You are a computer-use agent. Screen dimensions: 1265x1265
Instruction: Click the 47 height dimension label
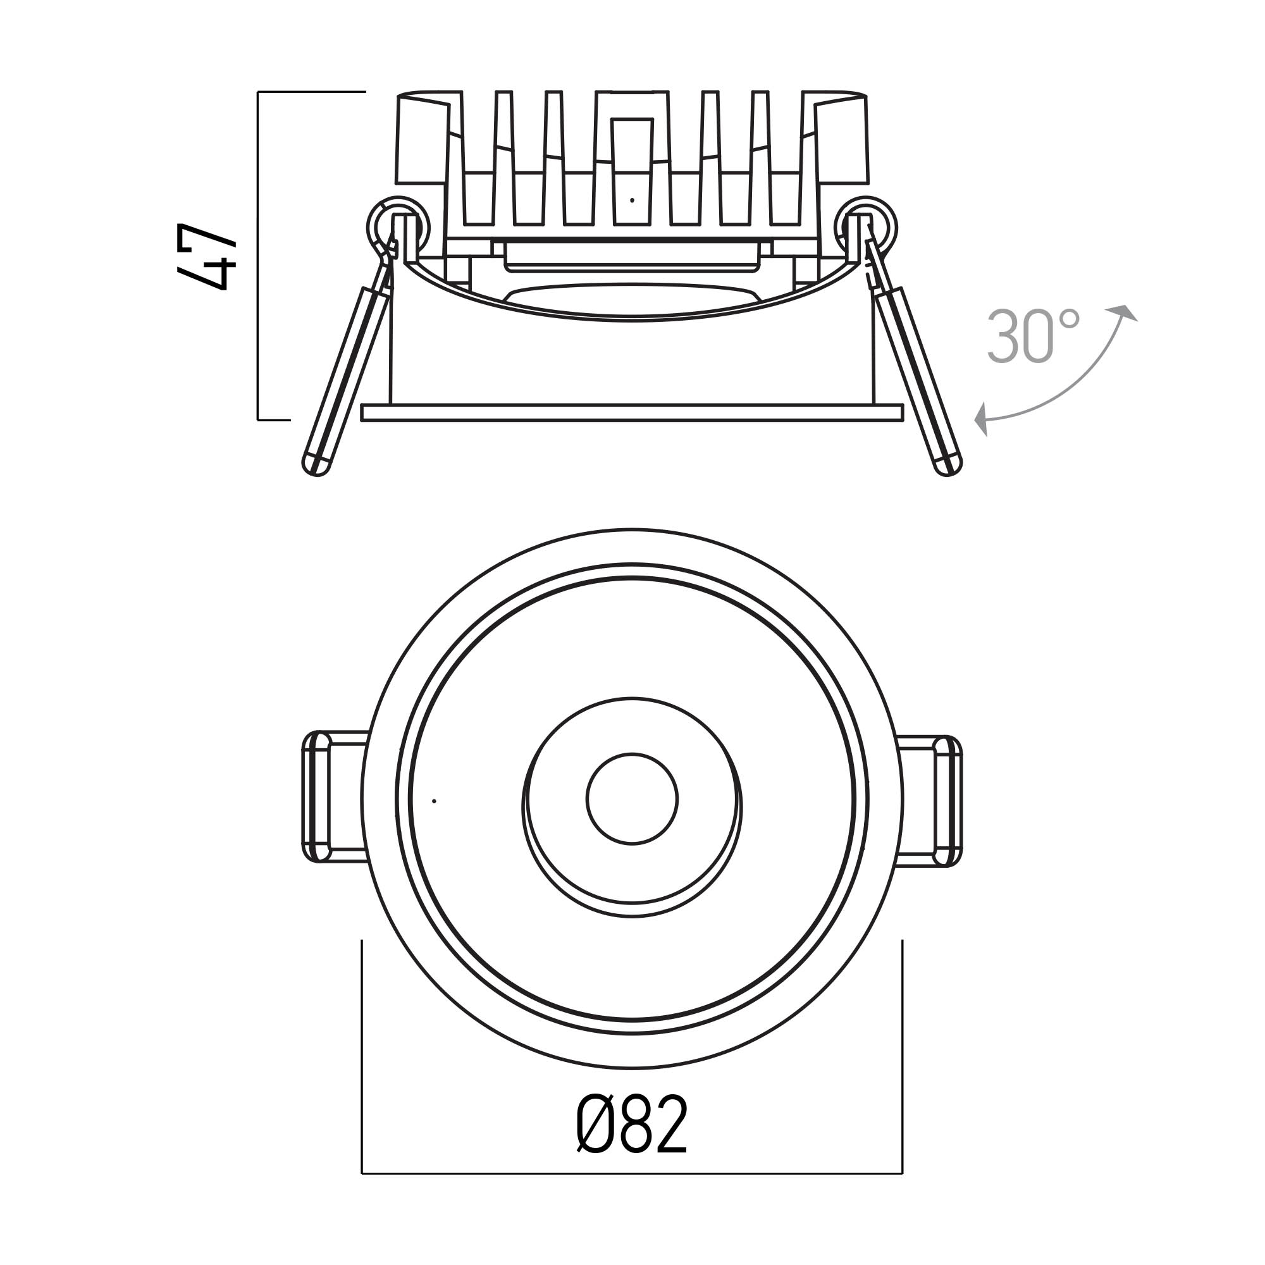tap(206, 256)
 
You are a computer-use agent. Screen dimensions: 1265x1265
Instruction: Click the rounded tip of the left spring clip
tap(316, 464)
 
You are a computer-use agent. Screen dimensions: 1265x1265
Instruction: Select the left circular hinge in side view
tap(397, 226)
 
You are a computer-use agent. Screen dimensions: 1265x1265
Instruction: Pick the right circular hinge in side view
tap(866, 226)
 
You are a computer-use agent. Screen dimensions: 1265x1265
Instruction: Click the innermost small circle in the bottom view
tap(632, 799)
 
